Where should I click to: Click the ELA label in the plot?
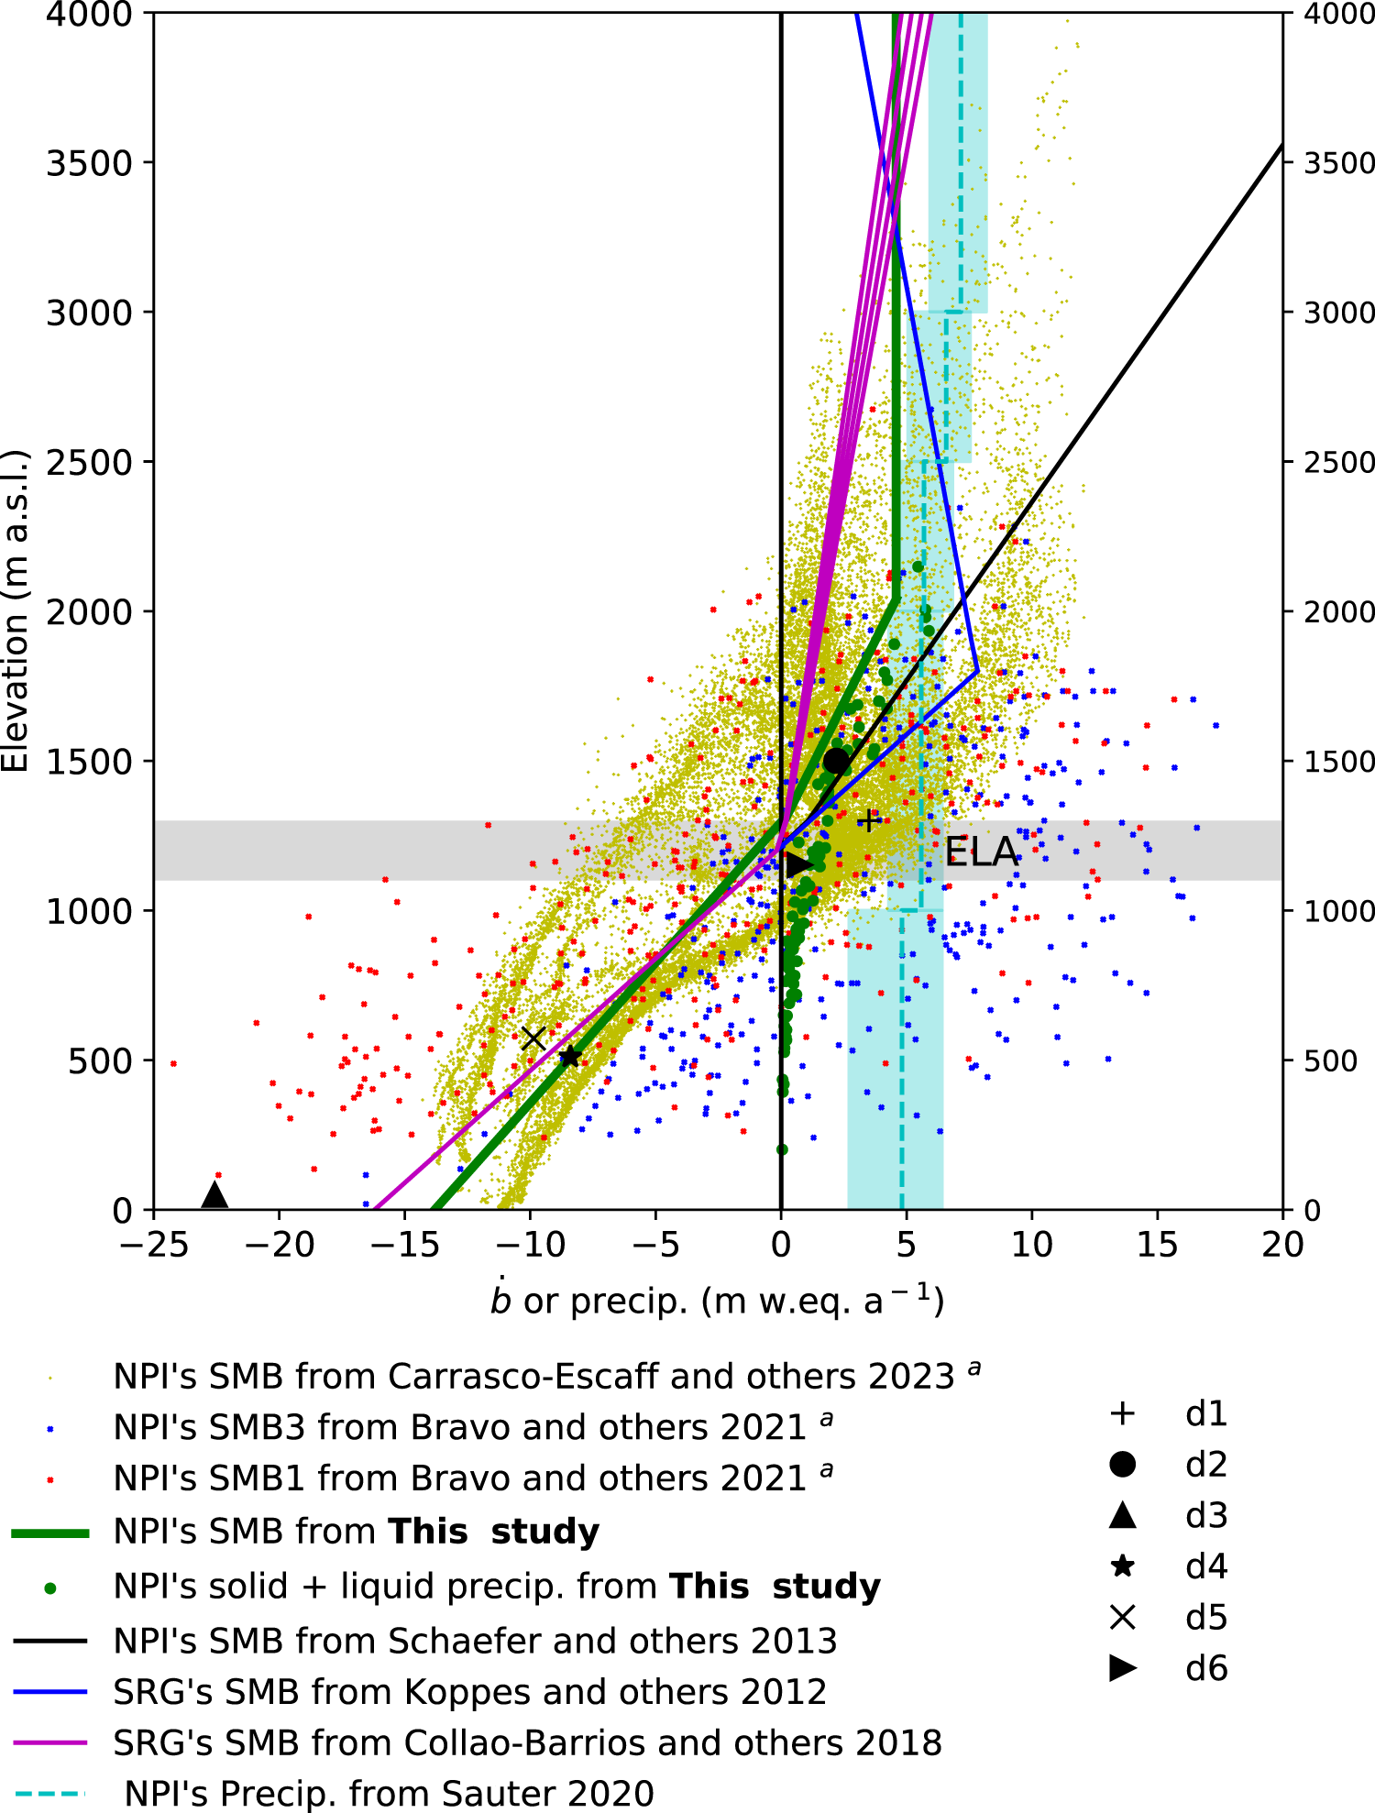coord(981,852)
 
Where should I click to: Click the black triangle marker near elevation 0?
coord(214,1195)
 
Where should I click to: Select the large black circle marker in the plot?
coord(836,761)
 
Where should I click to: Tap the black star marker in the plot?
coord(569,1057)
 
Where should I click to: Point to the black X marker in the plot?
coord(533,1038)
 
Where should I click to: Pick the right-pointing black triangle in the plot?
coord(798,863)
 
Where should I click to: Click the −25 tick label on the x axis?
coord(153,1245)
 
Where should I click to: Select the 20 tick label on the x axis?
coord(1281,1245)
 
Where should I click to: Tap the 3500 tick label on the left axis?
coord(89,163)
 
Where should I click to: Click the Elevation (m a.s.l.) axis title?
coord(16,610)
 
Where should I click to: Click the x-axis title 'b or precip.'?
coord(717,1302)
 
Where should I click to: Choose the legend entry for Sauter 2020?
coord(389,1794)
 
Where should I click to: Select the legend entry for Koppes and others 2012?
coord(469,1692)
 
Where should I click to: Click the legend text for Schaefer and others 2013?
coord(475,1641)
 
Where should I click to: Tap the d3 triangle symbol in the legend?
coord(1123,1517)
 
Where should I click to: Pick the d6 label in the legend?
coord(1206,1668)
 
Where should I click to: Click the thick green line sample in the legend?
coord(50,1533)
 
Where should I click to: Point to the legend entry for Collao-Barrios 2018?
coord(527,1742)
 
